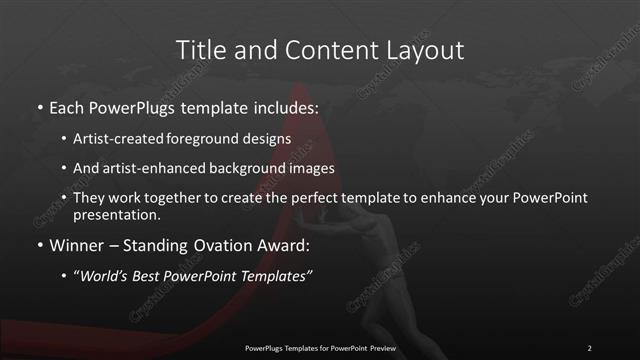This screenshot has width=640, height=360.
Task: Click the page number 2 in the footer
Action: (590, 348)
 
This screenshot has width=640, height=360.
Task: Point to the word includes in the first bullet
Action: (285, 106)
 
